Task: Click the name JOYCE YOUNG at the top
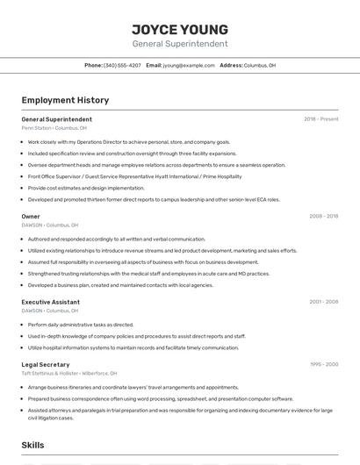[x=180, y=29]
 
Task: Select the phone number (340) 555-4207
[x=122, y=65]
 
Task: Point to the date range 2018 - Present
[x=321, y=119]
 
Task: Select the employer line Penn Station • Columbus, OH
[x=54, y=128]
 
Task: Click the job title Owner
[x=31, y=216]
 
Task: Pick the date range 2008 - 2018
[x=323, y=216]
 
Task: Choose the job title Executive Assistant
[x=51, y=302]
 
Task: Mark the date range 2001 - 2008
[x=323, y=302]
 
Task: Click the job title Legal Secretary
[x=46, y=364]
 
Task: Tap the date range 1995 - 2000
[x=323, y=364]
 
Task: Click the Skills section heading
[x=33, y=446]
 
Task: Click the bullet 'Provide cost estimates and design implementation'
[x=86, y=188]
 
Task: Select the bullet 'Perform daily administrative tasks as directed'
[x=81, y=325]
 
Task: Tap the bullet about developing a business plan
[x=120, y=285]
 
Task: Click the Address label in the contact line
[x=231, y=65]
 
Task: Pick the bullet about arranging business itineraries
[x=133, y=387]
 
